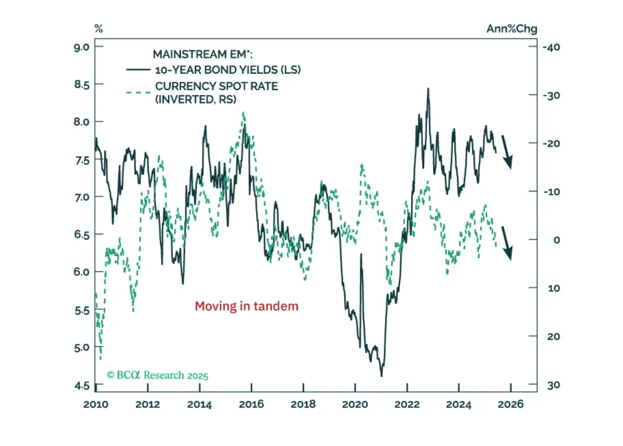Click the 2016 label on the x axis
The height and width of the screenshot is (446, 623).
[251, 404]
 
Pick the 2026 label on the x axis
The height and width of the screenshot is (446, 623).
[511, 404]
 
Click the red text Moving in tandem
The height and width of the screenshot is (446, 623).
[247, 306]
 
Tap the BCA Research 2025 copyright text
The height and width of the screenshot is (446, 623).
[157, 375]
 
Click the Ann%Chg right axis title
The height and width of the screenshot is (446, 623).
[512, 29]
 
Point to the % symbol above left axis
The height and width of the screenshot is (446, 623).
[99, 29]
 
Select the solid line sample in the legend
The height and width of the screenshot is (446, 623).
[138, 70]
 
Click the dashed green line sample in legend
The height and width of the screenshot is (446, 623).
[138, 92]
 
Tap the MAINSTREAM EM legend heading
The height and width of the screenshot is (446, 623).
[203, 54]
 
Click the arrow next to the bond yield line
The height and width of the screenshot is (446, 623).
[507, 152]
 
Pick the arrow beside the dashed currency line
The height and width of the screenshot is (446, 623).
[507, 244]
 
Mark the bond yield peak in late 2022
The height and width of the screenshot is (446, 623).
[428, 89]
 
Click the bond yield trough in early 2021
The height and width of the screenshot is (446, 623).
[381, 376]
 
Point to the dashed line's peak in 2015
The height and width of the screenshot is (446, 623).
[243, 112]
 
